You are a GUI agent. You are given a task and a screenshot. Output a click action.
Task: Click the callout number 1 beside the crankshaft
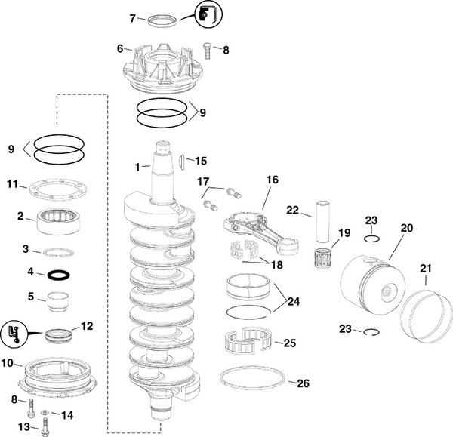pyautogui.click(x=137, y=165)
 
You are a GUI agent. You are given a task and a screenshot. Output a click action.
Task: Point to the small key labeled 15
pyautogui.click(x=183, y=162)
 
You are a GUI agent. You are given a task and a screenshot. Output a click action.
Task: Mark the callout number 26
pyautogui.click(x=303, y=383)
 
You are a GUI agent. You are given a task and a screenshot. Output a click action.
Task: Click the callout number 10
pyautogui.click(x=8, y=363)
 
